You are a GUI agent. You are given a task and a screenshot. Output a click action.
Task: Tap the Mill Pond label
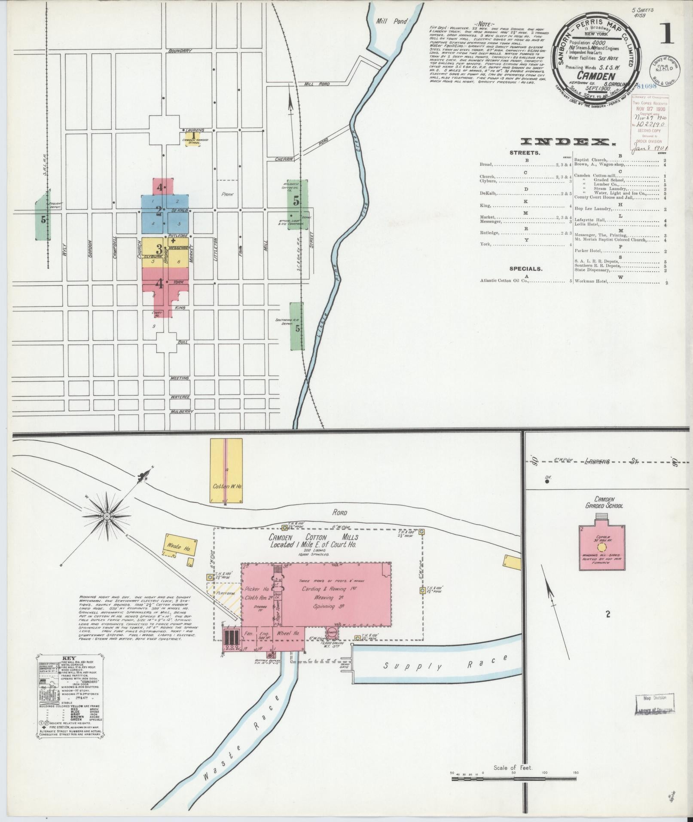pos(388,21)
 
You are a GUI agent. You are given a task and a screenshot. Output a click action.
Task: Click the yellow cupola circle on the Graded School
pos(601,547)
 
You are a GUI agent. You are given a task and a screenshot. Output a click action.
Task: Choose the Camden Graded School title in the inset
pos(603,503)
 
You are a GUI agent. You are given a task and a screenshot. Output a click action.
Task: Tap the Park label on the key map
pos(227,194)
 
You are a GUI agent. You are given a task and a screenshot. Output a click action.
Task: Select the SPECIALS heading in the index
pos(525,269)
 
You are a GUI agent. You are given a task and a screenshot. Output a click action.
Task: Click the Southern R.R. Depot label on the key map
pos(284,322)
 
